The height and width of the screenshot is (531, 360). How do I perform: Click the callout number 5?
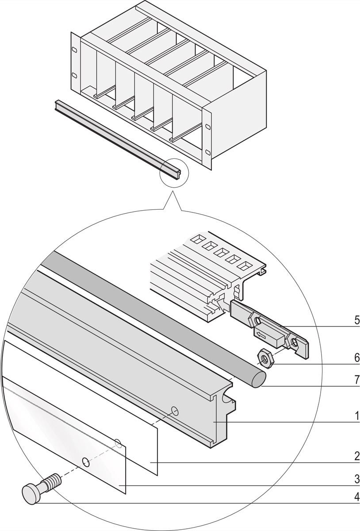pos(356,320)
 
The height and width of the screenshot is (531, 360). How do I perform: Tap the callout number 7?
pos(356,380)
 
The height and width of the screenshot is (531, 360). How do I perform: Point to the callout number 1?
pos(356,416)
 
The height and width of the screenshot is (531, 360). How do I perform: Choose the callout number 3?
pos(356,479)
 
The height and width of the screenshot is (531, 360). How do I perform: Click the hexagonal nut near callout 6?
pos(267,356)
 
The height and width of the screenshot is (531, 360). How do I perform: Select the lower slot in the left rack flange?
pos(74,74)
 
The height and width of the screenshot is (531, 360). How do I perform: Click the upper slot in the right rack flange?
pos(207,127)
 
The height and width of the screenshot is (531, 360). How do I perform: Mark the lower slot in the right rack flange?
pos(207,153)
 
